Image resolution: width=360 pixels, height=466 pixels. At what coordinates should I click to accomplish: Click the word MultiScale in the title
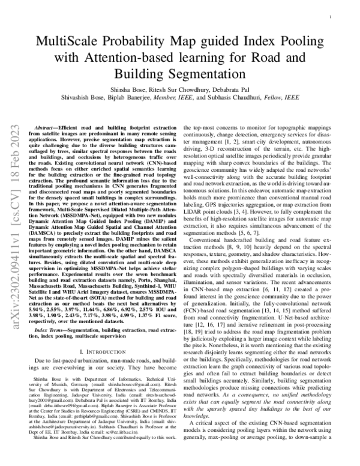click(x=70, y=43)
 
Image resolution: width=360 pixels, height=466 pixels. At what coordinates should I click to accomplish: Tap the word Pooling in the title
click(x=304, y=43)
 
